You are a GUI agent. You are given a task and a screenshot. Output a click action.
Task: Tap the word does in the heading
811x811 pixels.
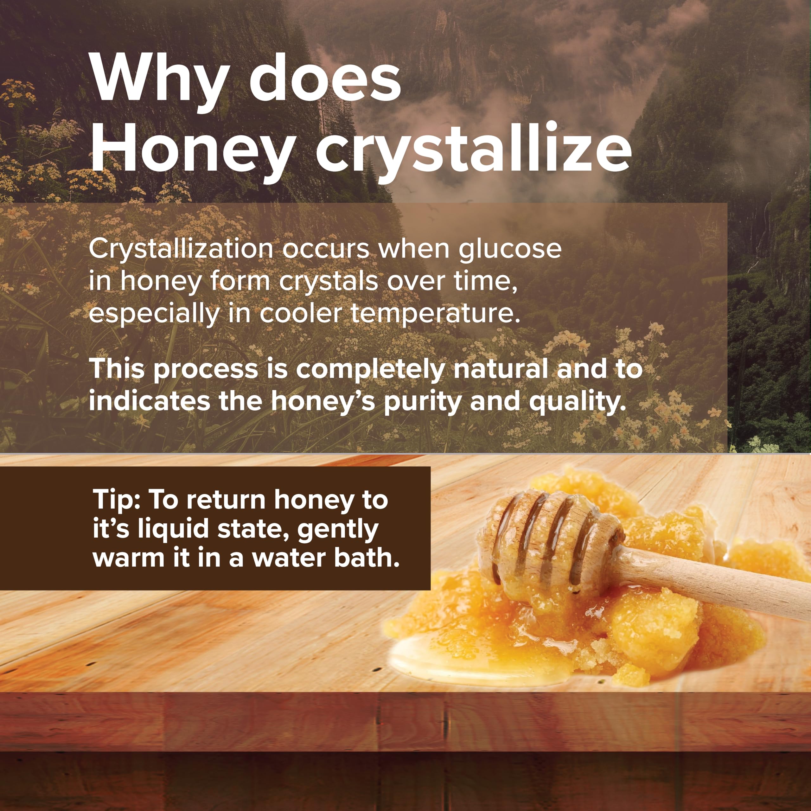(x=325, y=77)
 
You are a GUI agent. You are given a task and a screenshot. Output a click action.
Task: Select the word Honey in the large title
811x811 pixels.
(x=191, y=152)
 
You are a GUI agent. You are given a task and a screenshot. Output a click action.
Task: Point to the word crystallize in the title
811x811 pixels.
(x=474, y=152)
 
